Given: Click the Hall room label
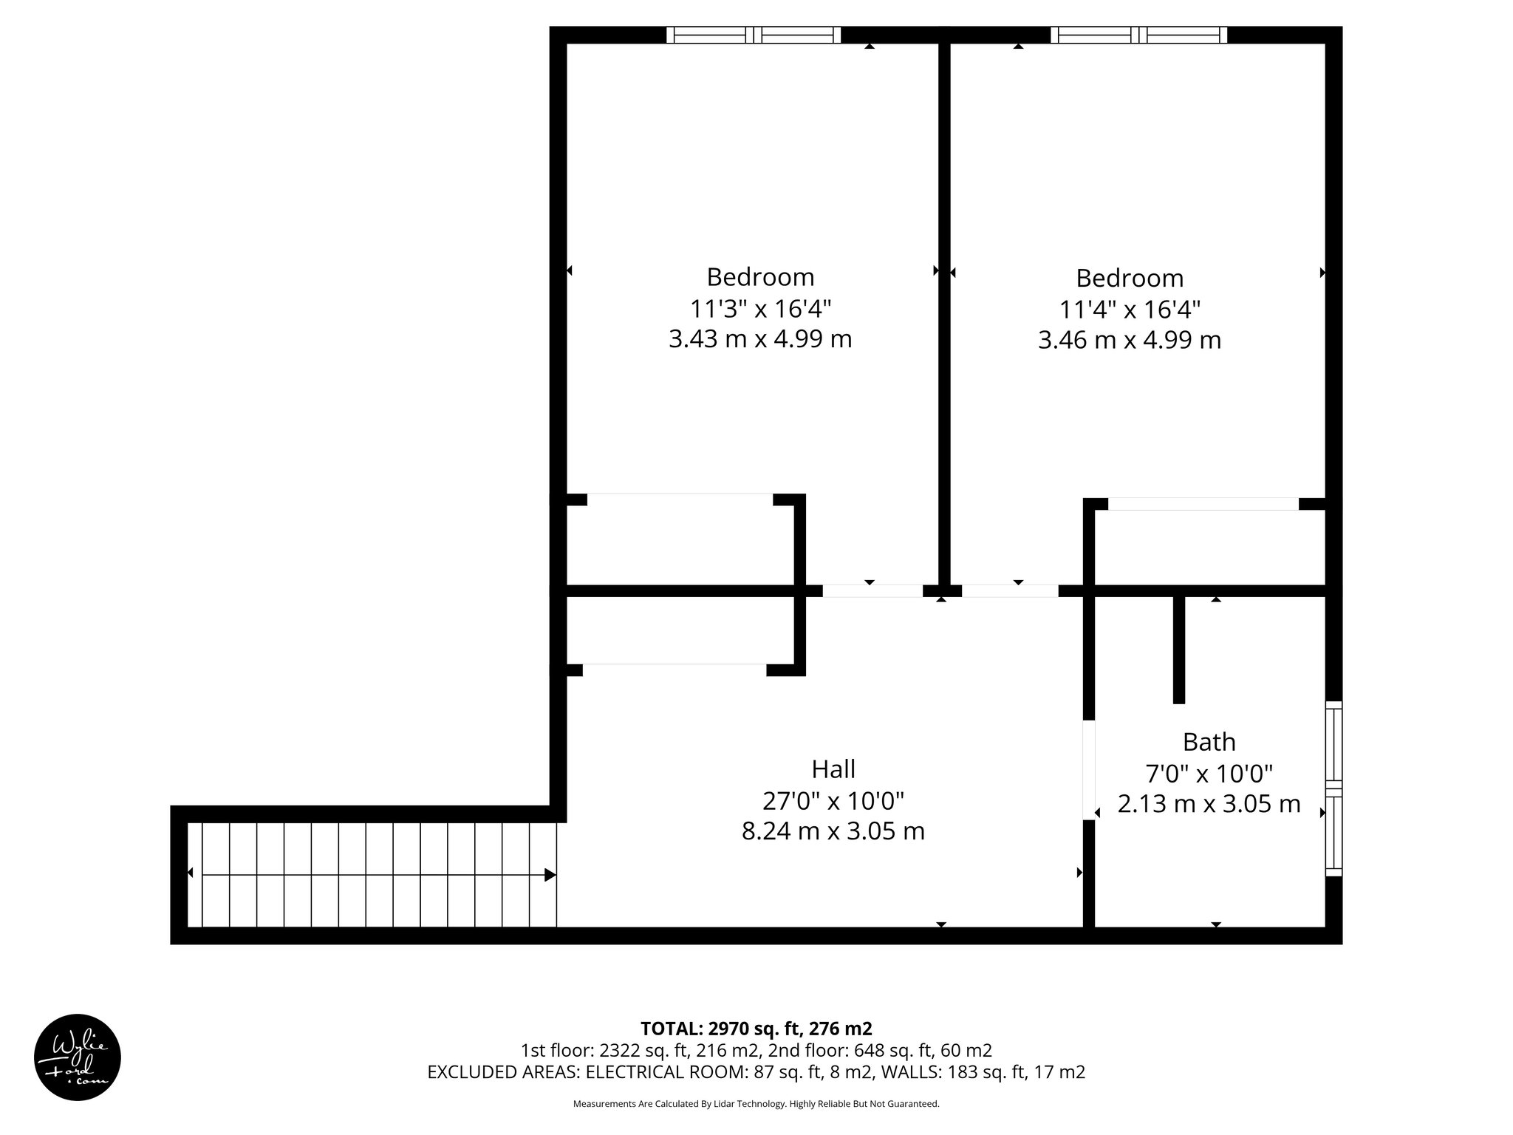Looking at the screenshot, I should point(833,769).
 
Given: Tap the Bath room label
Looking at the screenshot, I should point(1209,741).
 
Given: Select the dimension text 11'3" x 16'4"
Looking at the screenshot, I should point(760,308).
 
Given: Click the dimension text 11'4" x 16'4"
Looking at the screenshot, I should point(1130,309).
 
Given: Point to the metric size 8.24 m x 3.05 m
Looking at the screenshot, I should point(833,831).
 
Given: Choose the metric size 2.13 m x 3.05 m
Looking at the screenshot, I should point(1209,804).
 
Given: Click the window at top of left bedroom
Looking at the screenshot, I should point(754,35).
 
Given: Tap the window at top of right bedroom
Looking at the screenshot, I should point(1138,35).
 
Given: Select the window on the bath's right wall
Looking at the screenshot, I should point(1333,788).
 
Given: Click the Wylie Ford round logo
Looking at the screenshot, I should point(78,1057).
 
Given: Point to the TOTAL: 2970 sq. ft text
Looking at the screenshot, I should point(756,1029).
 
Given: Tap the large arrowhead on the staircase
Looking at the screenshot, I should point(550,875).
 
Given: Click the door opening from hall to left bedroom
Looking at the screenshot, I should point(872,591).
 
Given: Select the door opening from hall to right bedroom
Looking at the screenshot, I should point(1010,591).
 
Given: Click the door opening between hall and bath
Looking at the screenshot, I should point(1088,770).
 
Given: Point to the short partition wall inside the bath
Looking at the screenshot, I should point(1179,649).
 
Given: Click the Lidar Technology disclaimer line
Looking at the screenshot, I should point(756,1104).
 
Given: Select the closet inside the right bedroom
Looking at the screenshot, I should point(1209,547).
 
